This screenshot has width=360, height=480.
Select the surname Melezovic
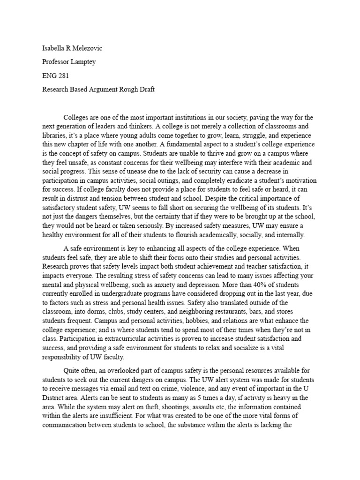pyautogui.click(x=93, y=47)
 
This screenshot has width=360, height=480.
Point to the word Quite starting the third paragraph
pyautogui.click(x=73, y=365)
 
